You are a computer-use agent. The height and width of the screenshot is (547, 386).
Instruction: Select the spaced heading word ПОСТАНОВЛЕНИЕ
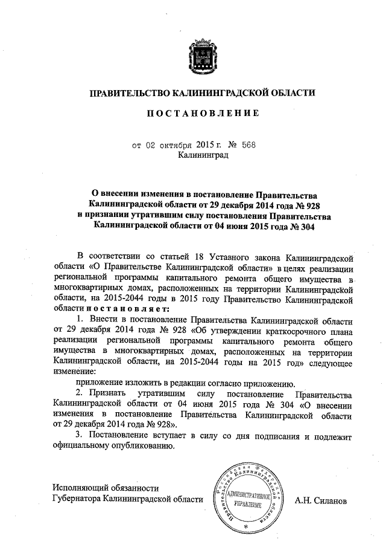click(202, 113)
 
